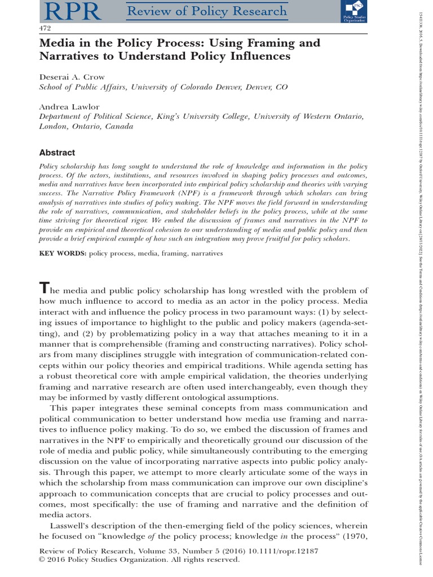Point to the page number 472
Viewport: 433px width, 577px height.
45,28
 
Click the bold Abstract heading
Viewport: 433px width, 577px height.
56,152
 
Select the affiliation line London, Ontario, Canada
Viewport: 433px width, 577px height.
86,126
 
